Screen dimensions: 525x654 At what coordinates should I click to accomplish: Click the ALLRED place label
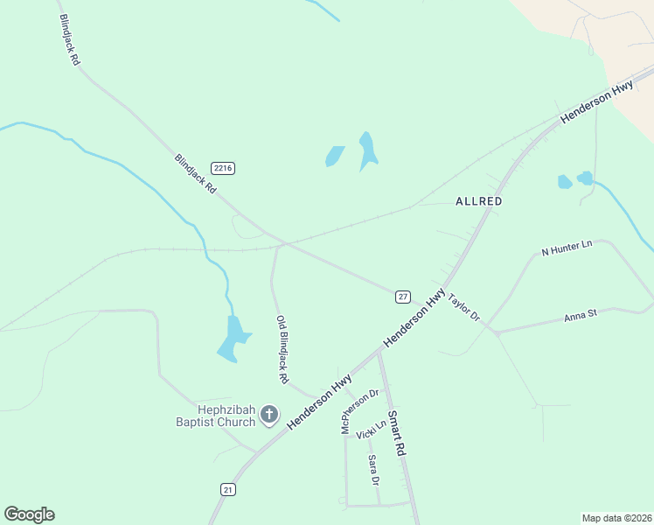click(479, 201)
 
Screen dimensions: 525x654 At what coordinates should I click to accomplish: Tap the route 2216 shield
click(222, 168)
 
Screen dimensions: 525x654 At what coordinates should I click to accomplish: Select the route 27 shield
click(402, 297)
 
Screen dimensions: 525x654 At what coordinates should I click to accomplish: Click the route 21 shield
click(228, 490)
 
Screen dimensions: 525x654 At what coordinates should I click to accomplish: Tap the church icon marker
click(269, 415)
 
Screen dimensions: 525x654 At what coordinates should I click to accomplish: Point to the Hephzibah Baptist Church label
click(214, 415)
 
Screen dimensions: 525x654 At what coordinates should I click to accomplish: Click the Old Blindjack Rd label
click(282, 350)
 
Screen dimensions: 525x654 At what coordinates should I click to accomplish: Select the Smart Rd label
click(397, 432)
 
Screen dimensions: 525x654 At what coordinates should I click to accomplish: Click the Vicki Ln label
click(372, 430)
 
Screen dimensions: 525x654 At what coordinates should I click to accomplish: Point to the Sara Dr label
click(373, 470)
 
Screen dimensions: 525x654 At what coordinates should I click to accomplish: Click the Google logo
click(29, 514)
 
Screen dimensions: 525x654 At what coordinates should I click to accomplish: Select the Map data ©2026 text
click(616, 518)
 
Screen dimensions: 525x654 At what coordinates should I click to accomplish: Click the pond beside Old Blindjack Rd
click(233, 339)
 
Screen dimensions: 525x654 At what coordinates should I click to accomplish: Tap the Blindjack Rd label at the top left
click(69, 41)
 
